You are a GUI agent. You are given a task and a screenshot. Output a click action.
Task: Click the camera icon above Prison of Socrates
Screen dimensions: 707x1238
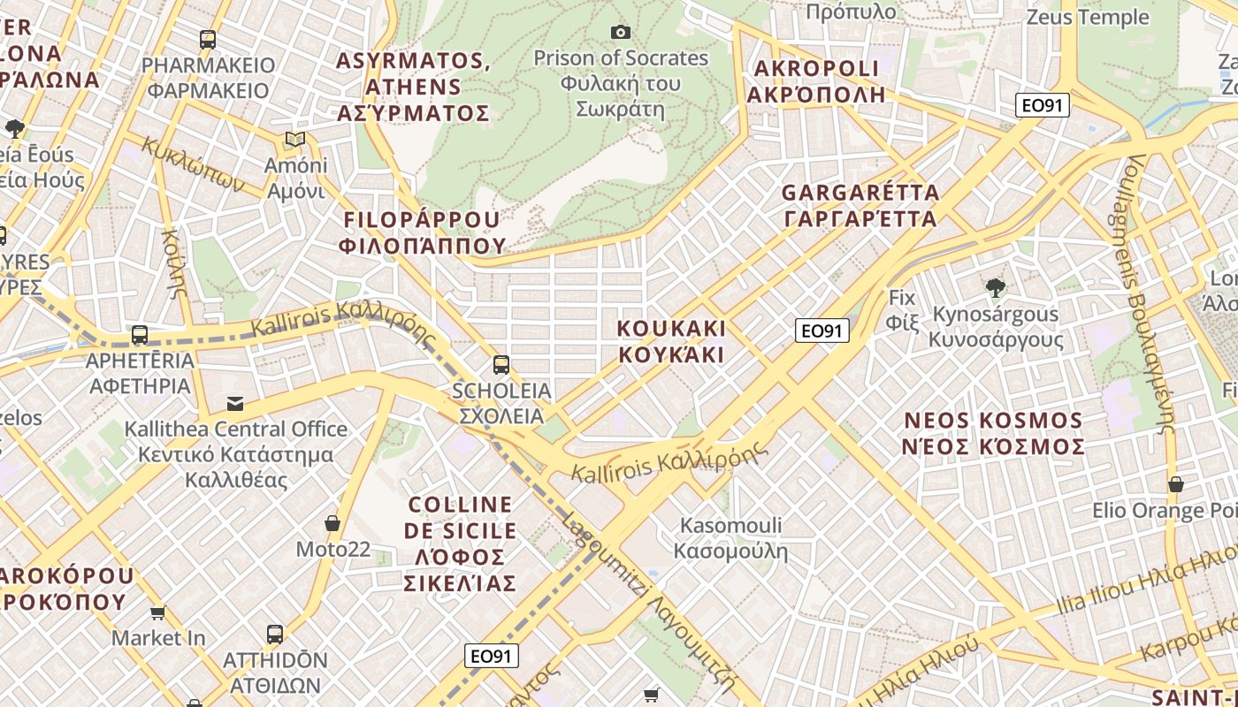point(621,33)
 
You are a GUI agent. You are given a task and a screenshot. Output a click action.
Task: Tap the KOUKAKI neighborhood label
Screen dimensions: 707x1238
point(671,341)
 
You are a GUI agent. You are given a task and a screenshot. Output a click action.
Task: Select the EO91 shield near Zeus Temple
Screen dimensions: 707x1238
point(1042,106)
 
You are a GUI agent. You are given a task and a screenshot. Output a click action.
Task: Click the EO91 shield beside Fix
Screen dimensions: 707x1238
point(822,331)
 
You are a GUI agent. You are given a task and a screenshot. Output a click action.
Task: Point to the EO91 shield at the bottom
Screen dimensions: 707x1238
point(491,656)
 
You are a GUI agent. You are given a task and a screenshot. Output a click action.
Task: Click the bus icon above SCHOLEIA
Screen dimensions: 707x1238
point(501,364)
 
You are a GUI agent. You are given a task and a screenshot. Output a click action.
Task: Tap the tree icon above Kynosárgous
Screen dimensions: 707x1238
point(996,287)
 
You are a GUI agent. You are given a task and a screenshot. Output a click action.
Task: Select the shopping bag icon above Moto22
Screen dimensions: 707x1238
point(332,523)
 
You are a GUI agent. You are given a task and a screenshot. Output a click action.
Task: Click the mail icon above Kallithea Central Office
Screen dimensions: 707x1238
point(235,404)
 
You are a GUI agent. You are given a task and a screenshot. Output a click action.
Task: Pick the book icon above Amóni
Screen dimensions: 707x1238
point(295,140)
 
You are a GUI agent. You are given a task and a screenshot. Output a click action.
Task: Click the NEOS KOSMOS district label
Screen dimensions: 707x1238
point(993,433)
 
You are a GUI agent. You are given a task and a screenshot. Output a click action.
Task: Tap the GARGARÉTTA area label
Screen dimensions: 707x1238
point(860,205)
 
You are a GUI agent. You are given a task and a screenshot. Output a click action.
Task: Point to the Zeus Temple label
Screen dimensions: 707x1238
point(1087,17)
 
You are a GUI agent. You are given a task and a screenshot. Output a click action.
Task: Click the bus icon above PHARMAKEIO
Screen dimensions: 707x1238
point(208,40)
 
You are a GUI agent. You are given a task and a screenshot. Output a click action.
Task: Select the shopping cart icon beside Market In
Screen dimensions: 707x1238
point(158,612)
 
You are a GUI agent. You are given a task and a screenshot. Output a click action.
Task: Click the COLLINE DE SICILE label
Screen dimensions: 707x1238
point(460,544)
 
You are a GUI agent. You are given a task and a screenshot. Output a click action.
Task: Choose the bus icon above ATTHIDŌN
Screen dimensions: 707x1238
point(275,634)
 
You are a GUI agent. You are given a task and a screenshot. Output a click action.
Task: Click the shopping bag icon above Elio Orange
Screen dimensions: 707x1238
point(1175,484)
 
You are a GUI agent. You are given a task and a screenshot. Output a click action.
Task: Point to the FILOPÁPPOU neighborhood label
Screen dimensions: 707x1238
point(422,232)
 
